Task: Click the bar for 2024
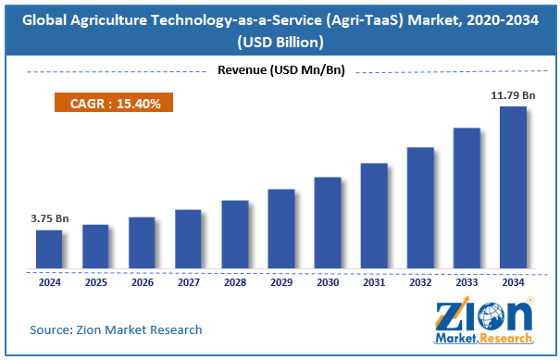coord(49,249)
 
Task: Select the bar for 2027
coord(188,239)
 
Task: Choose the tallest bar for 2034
coord(513,187)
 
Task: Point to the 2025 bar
coord(95,246)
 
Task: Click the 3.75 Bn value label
coord(50,219)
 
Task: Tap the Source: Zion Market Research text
coord(116,329)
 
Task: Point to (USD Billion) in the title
coord(280,42)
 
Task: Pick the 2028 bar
coord(234,234)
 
